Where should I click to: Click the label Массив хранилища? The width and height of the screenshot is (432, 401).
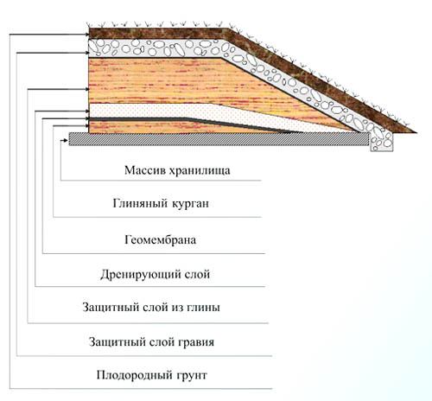(x=177, y=170)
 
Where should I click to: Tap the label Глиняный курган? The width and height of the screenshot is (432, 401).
(x=161, y=204)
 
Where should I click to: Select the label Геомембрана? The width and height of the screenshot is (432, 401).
(x=160, y=239)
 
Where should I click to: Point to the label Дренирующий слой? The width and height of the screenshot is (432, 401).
(x=155, y=274)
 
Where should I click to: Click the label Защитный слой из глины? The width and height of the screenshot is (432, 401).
(x=151, y=307)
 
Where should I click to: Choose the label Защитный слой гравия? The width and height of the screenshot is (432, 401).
(x=151, y=342)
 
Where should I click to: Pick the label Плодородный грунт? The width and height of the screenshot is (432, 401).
(x=151, y=375)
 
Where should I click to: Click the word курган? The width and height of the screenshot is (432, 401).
(x=190, y=204)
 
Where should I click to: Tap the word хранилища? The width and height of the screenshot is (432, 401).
(x=200, y=171)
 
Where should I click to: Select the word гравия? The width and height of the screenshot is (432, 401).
(x=196, y=343)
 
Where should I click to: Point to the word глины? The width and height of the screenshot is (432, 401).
(x=203, y=308)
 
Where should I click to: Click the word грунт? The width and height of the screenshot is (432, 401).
(x=191, y=376)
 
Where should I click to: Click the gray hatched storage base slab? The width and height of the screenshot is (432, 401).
(x=219, y=139)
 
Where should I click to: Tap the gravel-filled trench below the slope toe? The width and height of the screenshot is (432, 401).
(x=382, y=141)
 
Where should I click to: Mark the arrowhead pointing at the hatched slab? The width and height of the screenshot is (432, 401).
(x=65, y=141)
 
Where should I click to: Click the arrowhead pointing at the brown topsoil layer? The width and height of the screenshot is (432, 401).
(x=86, y=35)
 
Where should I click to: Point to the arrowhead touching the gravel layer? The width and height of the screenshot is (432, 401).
(x=86, y=53)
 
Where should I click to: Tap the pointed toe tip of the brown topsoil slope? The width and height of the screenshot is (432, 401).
(x=416, y=132)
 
